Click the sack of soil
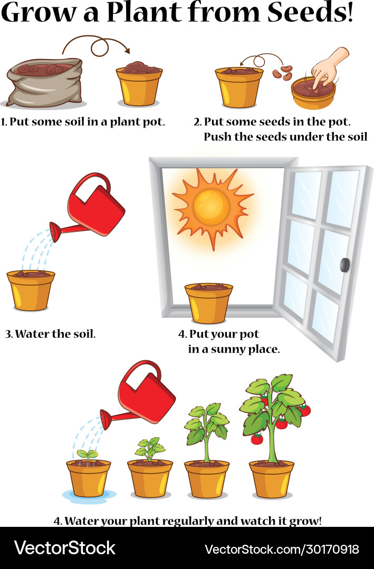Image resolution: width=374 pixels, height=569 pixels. [x=44, y=83]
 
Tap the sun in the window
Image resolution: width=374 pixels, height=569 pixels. [x=212, y=208]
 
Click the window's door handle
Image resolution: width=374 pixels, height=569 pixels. [x=344, y=265]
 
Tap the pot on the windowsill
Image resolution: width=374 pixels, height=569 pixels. [x=208, y=303]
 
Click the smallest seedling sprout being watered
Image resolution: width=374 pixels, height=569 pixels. [x=88, y=455]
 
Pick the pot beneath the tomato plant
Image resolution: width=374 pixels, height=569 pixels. [x=272, y=479]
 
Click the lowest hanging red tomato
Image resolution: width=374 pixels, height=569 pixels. [x=257, y=439]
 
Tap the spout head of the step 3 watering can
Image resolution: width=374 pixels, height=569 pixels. [x=55, y=232]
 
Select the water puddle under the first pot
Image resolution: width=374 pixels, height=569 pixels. [x=89, y=496]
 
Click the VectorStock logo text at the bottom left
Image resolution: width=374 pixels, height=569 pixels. [x=65, y=548]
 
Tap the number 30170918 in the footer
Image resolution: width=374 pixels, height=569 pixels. [x=332, y=549]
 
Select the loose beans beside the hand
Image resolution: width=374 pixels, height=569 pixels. [x=283, y=73]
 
